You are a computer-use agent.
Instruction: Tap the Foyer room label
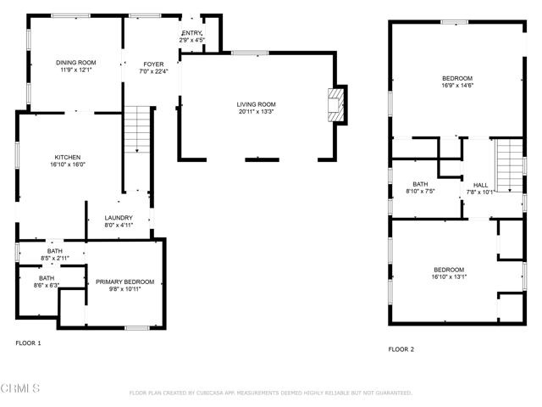pos(153,64)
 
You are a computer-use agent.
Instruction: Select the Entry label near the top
pos(192,33)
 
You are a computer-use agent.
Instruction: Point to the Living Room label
pos(256,104)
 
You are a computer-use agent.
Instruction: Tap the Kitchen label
pos(68,158)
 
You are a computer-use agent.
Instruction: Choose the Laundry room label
pos(119,218)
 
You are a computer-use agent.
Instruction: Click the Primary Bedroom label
pos(124,282)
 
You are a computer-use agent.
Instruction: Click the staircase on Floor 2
pos(510,166)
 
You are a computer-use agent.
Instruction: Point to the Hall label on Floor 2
pos(480,185)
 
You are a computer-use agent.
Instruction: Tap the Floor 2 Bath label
pos(420,184)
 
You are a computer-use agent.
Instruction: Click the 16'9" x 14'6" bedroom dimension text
pos(456,86)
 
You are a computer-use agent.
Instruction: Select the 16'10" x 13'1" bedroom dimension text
pos(449,276)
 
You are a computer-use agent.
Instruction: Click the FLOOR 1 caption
pos(28,343)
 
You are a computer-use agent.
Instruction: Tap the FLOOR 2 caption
pos(401,348)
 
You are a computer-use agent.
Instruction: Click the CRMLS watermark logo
pos(21,388)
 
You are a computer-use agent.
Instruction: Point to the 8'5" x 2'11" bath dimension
pos(54,257)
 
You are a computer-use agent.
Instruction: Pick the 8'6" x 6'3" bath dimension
pos(47,285)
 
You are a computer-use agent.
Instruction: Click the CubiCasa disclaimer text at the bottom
pos(270,393)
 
